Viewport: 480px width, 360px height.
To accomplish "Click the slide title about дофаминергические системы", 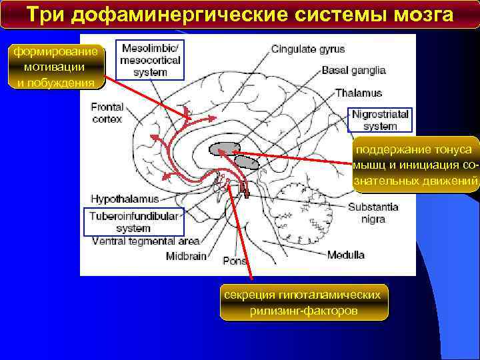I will (x=240, y=14).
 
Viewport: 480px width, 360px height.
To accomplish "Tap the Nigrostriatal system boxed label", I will (x=380, y=119).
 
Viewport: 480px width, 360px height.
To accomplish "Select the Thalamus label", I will (x=358, y=93).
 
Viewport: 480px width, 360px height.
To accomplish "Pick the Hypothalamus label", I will (x=125, y=199).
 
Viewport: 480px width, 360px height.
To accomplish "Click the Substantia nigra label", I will (x=373, y=213).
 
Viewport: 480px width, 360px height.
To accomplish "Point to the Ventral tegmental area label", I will (x=145, y=241).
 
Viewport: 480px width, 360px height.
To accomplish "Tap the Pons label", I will (x=234, y=261).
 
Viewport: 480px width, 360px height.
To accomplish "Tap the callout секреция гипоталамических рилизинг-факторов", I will (x=303, y=303).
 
